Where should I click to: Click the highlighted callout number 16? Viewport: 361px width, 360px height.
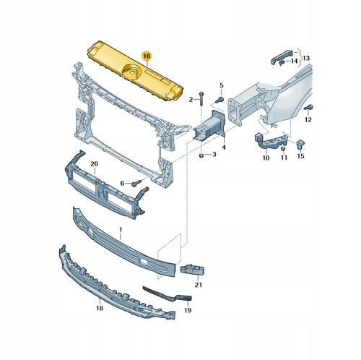click(147, 56)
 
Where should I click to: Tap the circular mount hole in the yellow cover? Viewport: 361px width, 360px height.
click(132, 72)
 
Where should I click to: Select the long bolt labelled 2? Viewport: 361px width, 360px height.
click(201, 98)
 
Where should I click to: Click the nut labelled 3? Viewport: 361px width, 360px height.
click(201, 155)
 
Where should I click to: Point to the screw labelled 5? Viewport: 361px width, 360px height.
click(219, 100)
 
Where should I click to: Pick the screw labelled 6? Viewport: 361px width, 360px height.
click(136, 183)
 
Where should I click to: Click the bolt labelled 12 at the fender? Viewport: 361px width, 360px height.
click(308, 108)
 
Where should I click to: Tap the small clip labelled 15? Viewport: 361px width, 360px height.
click(300, 144)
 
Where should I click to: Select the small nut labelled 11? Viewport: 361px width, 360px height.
click(283, 148)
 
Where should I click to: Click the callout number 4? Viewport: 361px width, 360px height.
click(224, 147)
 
